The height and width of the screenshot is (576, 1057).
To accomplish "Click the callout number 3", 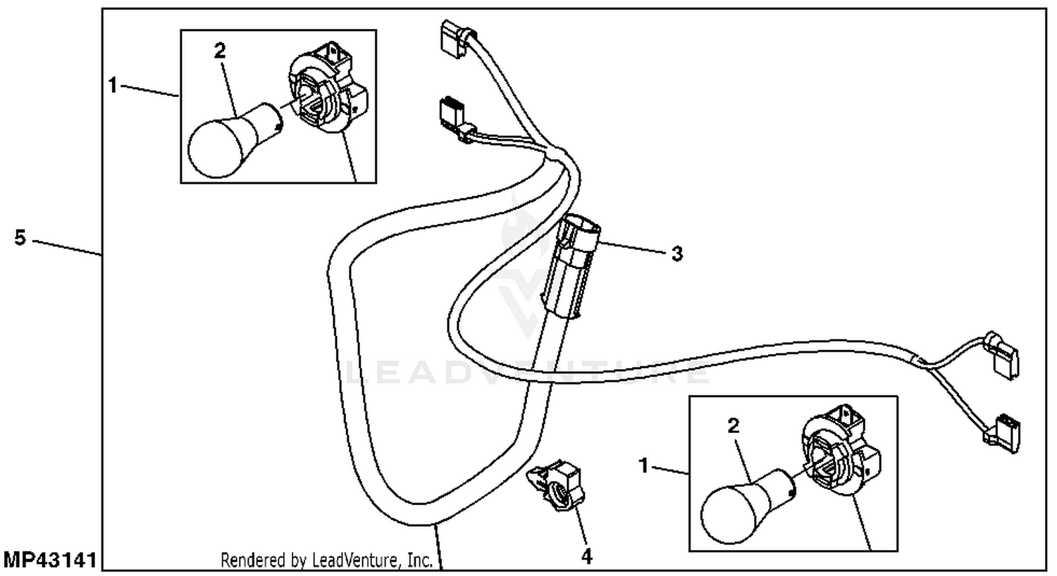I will [676, 253].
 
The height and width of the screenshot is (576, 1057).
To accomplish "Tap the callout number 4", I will [586, 557].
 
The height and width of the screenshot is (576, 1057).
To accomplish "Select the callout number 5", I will [20, 238].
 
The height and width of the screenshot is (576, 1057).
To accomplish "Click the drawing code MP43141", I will [49, 561].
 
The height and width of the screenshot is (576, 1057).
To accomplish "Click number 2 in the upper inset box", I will [220, 51].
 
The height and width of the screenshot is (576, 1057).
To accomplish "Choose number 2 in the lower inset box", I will [734, 426].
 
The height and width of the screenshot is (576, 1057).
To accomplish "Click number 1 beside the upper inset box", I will [113, 86].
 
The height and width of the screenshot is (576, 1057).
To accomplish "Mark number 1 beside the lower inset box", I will [643, 465].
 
